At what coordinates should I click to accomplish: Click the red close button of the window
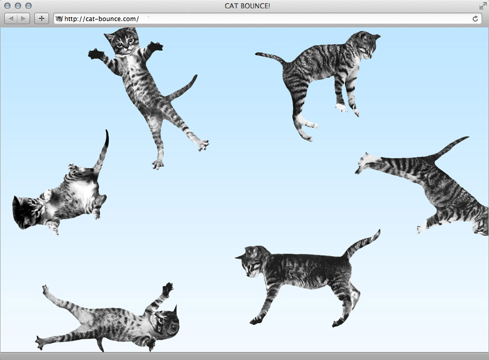[x=7, y=6]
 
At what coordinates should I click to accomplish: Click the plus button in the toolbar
[x=42, y=18]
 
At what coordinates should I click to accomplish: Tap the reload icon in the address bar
[x=475, y=18]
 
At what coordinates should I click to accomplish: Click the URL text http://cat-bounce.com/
[x=101, y=19]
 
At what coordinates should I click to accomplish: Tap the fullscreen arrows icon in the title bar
[x=483, y=6]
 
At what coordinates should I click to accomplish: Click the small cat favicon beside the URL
[x=59, y=19]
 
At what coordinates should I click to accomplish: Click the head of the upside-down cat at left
[x=26, y=212]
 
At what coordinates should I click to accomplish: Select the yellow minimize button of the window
[x=18, y=6]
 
